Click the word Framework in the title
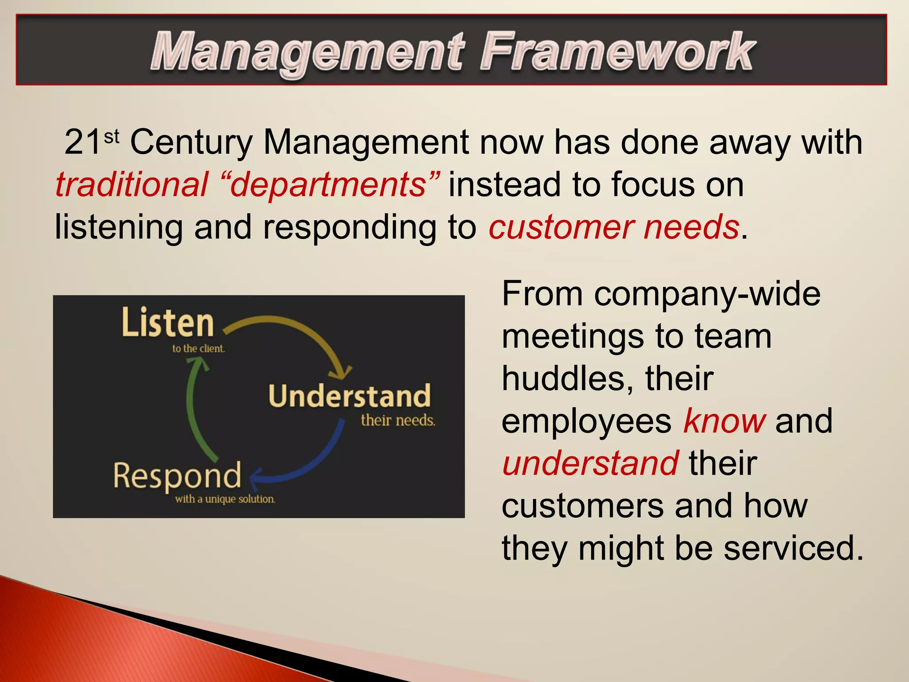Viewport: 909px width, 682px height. coord(617,52)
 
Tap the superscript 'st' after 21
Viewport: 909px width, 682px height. coord(112,136)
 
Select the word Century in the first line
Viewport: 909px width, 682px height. coord(191,143)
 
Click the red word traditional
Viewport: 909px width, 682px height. coord(131,185)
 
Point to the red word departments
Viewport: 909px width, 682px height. coord(328,186)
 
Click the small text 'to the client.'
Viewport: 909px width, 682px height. coord(198,349)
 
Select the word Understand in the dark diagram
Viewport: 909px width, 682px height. coord(349,396)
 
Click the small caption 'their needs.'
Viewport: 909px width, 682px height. coord(398,420)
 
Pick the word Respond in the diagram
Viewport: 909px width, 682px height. coord(177,476)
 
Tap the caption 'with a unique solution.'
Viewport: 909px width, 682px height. coord(225,499)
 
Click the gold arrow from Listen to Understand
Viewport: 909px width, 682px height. coord(302,329)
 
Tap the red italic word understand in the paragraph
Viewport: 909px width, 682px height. coord(590,463)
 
